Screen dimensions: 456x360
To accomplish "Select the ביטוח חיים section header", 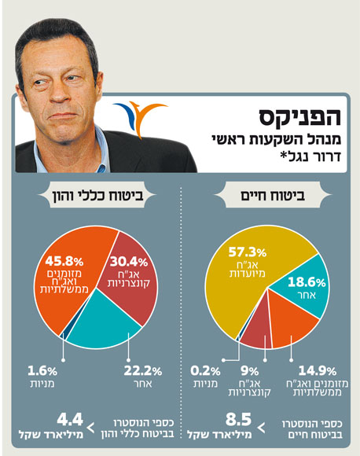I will pyautogui.click(x=271, y=195).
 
